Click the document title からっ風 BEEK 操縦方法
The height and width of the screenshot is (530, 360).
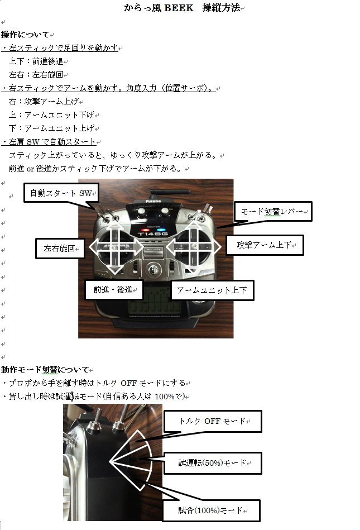(183, 8)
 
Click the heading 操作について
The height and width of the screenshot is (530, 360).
(25, 35)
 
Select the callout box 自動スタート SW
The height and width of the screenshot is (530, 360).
(61, 193)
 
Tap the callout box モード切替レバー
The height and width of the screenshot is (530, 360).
(273, 212)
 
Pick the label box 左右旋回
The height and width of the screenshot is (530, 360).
(60, 249)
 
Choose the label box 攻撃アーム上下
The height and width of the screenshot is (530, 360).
(265, 245)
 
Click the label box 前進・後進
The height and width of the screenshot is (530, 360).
(114, 290)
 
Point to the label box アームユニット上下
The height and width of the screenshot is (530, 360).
(212, 290)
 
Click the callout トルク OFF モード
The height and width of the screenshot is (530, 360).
(213, 421)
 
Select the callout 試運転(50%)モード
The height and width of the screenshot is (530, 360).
(213, 463)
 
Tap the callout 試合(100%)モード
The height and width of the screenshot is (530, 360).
(212, 510)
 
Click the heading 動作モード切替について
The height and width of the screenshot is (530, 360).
(45, 370)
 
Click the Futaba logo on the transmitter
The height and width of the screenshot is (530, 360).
(153, 201)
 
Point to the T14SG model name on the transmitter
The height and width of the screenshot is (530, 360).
(152, 233)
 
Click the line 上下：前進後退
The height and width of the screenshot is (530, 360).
(36, 61)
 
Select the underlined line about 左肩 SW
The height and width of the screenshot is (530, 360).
(49, 142)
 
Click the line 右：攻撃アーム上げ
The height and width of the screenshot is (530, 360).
(44, 102)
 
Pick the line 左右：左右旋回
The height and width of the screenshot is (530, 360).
(36, 75)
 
